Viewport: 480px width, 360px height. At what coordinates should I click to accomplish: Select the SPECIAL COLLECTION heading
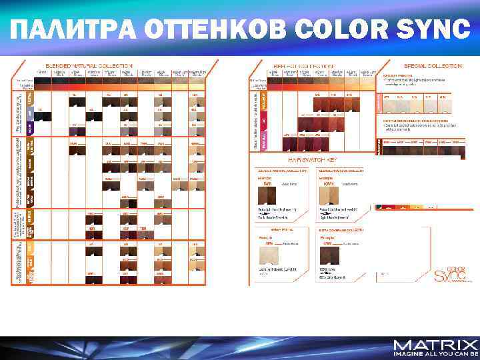tap(432, 66)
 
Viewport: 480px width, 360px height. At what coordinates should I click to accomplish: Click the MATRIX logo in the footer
tap(435, 345)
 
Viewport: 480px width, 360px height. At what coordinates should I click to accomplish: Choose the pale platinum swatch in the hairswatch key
tap(269, 255)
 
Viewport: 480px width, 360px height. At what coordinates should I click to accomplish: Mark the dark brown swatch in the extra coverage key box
tap(330, 256)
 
